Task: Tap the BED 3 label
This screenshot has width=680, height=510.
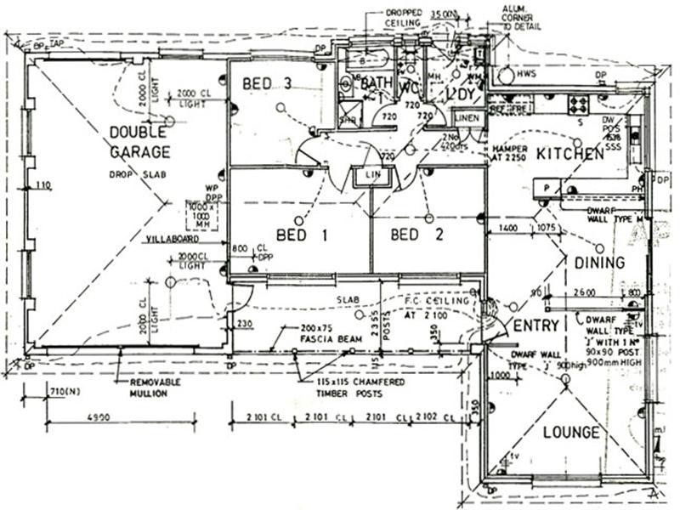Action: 267,84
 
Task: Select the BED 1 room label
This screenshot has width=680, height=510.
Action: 301,235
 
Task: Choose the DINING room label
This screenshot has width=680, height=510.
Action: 598,263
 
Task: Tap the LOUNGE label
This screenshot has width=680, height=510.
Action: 572,433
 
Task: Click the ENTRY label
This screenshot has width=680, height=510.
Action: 536,326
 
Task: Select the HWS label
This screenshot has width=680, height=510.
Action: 526,75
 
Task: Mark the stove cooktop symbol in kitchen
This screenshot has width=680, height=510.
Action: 578,105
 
